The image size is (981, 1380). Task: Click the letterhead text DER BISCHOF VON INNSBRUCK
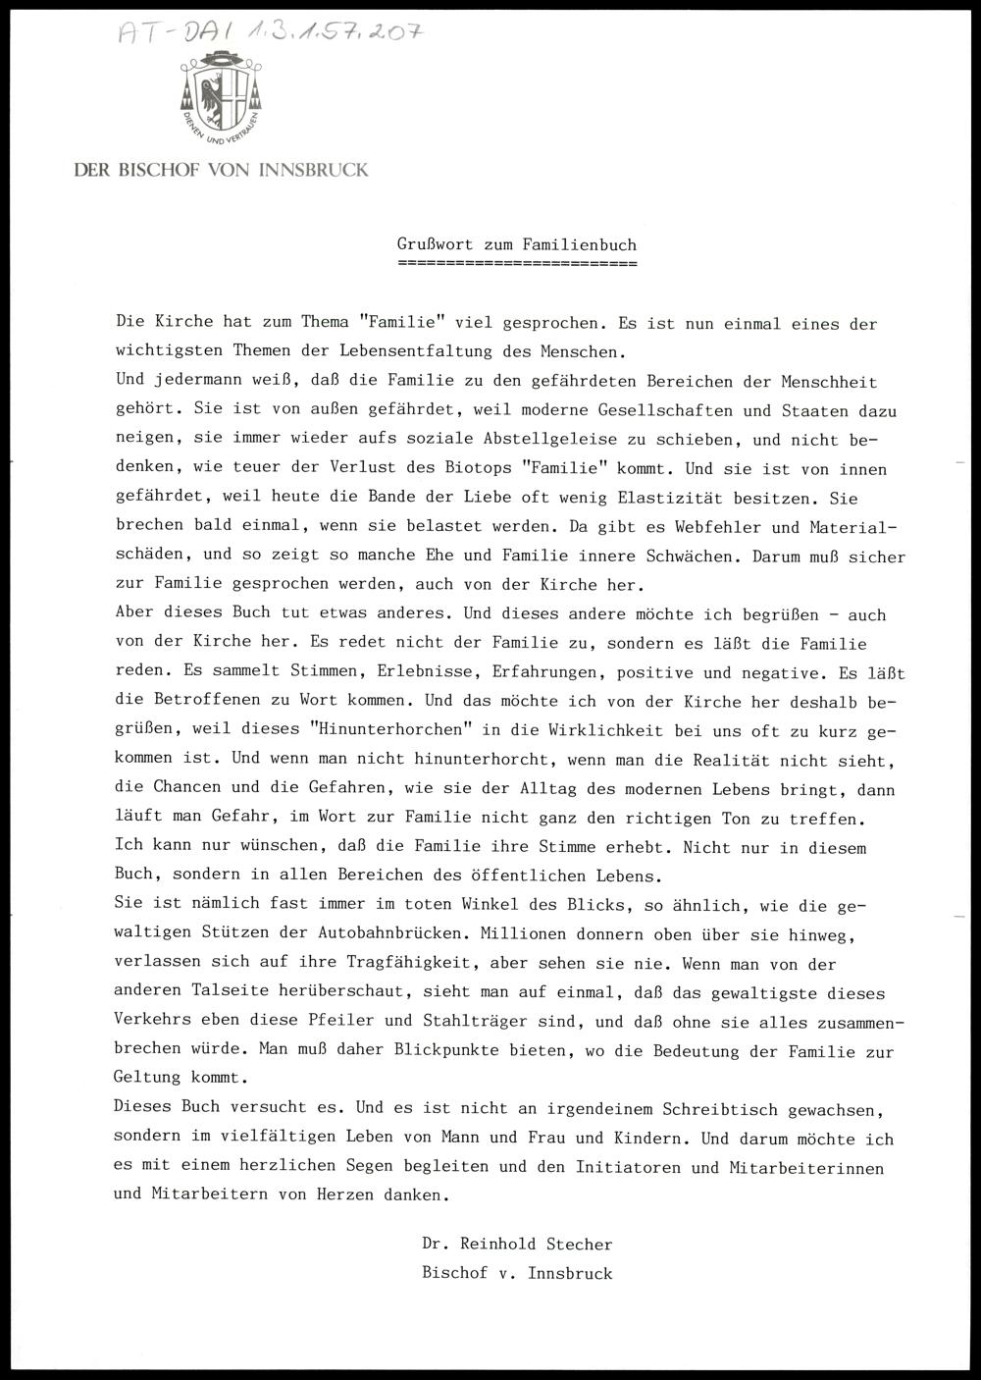[x=222, y=170]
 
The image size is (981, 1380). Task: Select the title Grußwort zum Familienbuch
[x=517, y=245]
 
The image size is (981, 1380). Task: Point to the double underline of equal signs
[x=517, y=264]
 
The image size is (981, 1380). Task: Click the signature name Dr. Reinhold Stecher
[x=517, y=1245]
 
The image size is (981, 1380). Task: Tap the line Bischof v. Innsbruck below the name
[x=517, y=1274]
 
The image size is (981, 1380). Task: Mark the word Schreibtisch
[x=720, y=1110]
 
